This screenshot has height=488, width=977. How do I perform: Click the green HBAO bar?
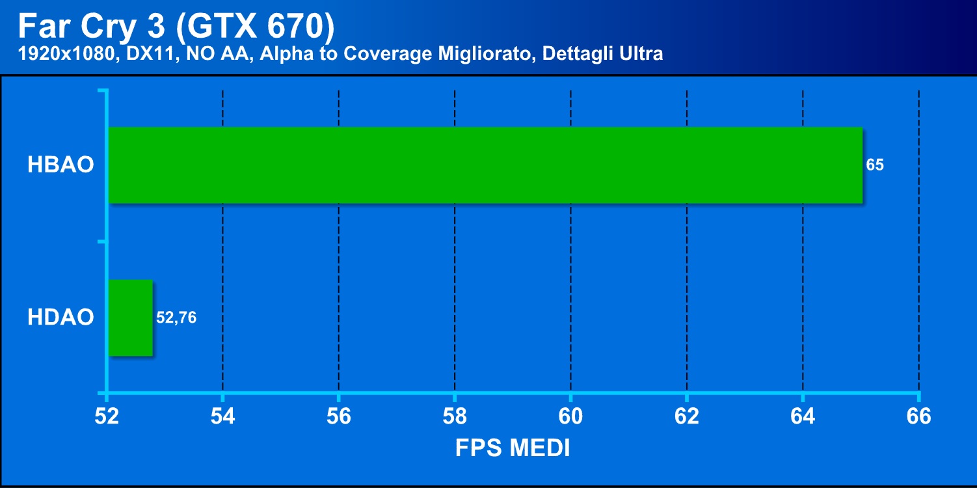tap(485, 165)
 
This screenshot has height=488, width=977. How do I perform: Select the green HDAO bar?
tap(130, 318)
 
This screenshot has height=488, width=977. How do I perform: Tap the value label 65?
tap(875, 165)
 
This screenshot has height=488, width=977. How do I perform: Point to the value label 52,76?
tap(176, 318)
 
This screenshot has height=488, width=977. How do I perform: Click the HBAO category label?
tap(60, 165)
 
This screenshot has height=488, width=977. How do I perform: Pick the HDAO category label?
tap(60, 318)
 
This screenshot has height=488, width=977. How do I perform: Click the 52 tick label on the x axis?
tap(107, 416)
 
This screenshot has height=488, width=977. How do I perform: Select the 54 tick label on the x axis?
tap(222, 416)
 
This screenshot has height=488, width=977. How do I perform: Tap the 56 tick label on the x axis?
tap(339, 416)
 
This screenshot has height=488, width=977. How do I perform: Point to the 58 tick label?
tap(455, 416)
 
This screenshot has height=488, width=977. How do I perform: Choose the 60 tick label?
tap(570, 416)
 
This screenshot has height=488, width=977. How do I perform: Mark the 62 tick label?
tap(687, 416)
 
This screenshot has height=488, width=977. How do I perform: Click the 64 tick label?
tap(803, 416)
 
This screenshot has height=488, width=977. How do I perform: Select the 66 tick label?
tap(918, 416)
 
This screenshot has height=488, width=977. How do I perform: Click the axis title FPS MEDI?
tap(513, 448)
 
